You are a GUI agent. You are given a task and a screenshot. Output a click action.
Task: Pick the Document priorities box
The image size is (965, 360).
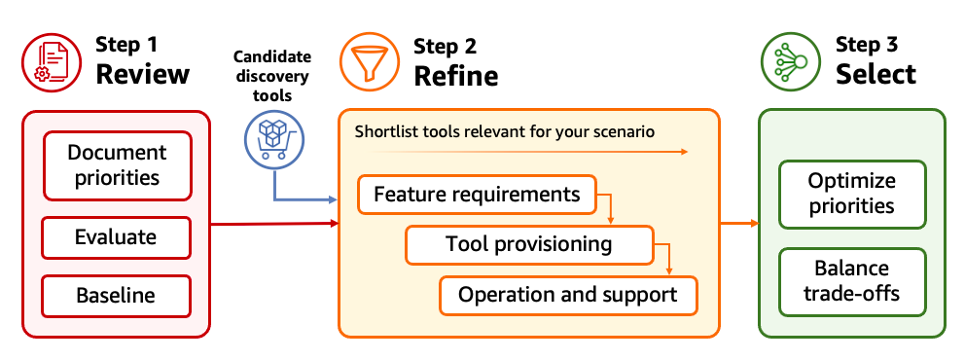[117, 165]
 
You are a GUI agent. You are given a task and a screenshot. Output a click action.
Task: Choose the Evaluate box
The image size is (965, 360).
[117, 237]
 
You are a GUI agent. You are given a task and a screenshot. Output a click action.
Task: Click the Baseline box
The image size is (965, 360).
[117, 295]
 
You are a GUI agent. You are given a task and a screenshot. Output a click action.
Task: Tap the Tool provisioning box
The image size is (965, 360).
[529, 244]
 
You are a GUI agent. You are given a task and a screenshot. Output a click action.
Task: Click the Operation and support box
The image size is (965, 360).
[568, 295]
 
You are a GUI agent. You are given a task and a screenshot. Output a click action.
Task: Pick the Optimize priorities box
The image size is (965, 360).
[851, 194]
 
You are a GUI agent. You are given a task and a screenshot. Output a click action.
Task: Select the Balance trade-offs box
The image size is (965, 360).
[851, 280]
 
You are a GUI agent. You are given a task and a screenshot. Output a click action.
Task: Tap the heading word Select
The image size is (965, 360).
[876, 75]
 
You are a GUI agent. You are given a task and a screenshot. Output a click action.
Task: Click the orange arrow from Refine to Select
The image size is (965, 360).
[738, 224]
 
